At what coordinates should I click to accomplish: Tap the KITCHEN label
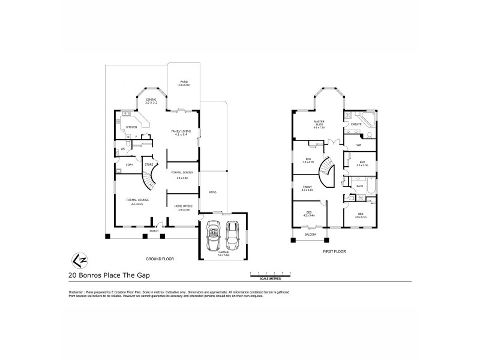coord(131,127)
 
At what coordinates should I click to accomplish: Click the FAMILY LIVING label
coord(181,131)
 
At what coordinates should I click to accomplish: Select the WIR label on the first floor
coord(358,145)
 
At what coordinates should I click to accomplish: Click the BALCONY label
coord(310,236)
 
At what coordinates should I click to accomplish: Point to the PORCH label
coord(154,230)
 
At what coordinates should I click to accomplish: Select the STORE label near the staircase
coord(148,164)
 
